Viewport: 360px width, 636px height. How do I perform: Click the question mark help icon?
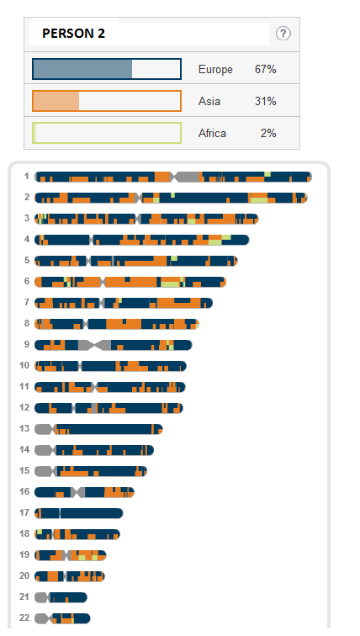tap(283, 34)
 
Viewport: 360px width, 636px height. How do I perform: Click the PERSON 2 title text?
tap(73, 34)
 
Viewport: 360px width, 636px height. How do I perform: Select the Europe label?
tap(215, 69)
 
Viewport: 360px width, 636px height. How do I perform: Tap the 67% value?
tap(266, 69)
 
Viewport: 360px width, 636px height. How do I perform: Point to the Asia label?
tap(209, 101)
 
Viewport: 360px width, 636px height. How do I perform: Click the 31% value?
tap(266, 101)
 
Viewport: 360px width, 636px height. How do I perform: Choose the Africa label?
tap(212, 133)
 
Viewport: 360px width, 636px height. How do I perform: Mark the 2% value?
tap(268, 133)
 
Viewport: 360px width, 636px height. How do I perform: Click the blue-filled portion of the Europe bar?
tap(82, 69)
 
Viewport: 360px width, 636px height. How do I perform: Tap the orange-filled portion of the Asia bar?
tap(56, 101)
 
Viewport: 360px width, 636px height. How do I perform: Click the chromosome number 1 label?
tap(27, 176)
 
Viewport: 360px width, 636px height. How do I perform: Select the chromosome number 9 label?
tap(27, 344)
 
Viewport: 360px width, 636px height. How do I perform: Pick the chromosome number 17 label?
tap(24, 512)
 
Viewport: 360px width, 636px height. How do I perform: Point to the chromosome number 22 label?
tap(24, 617)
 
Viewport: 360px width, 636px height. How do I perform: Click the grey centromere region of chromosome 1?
tap(186, 177)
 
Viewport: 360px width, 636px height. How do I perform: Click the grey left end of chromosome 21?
tap(42, 597)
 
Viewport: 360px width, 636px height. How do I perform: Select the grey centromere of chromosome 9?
tap(94, 345)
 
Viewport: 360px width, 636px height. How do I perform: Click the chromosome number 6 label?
tap(27, 281)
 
